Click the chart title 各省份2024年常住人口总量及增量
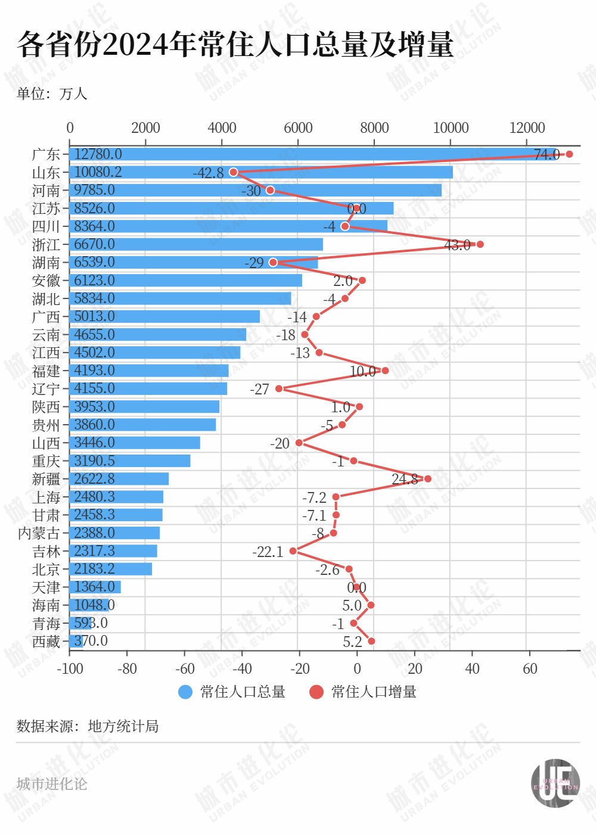click(x=235, y=45)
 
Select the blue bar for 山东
click(x=261, y=172)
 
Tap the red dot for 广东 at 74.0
click(x=569, y=154)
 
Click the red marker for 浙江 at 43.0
click(x=480, y=244)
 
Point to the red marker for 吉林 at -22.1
click(x=293, y=551)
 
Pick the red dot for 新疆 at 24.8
click(x=427, y=478)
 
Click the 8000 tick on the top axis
click(x=374, y=127)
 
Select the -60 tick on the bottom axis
click(x=185, y=668)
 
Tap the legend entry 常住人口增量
click(x=363, y=692)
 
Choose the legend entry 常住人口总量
click(x=232, y=692)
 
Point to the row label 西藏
click(x=46, y=642)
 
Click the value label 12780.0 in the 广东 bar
click(x=98, y=154)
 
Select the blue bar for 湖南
click(x=194, y=262)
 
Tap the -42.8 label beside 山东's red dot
click(x=208, y=173)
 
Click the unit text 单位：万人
click(x=52, y=94)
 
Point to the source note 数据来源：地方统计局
click(x=88, y=726)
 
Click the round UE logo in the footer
click(x=555, y=783)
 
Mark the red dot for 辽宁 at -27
click(x=279, y=388)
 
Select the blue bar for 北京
click(x=111, y=569)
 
